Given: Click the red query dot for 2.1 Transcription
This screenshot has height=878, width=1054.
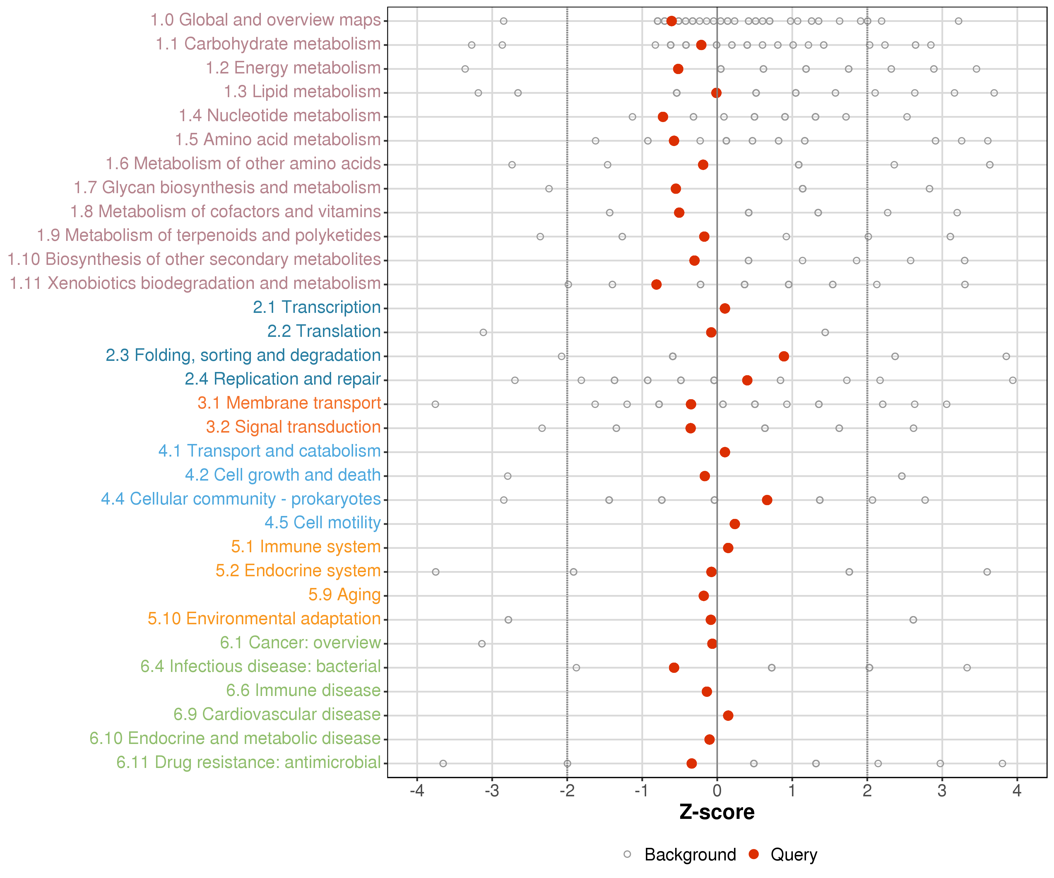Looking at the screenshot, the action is (725, 308).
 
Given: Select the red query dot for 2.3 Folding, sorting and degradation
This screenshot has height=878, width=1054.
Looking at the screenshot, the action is (783, 356).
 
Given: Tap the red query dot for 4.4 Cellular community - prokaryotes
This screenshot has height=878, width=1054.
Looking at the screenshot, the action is (767, 500).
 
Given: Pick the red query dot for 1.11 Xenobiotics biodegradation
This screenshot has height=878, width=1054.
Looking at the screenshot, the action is (656, 284).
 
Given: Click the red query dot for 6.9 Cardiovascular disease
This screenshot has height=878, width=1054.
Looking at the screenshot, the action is (728, 716).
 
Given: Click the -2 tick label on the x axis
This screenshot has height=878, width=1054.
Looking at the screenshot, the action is (567, 791).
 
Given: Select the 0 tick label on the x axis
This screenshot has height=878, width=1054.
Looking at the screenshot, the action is (717, 791).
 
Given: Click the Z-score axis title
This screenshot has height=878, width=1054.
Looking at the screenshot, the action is (717, 812).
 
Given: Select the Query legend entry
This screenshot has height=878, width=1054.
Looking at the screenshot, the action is (783, 854).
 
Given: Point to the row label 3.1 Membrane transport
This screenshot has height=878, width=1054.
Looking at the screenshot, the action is (289, 403).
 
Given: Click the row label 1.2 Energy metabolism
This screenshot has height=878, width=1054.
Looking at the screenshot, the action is (293, 68).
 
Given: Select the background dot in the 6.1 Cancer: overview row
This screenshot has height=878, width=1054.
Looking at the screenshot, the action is (482, 644).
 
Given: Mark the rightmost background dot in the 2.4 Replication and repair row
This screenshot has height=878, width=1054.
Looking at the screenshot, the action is (1013, 380).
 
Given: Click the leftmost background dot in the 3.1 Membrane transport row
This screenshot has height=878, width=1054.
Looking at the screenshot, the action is (435, 404).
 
